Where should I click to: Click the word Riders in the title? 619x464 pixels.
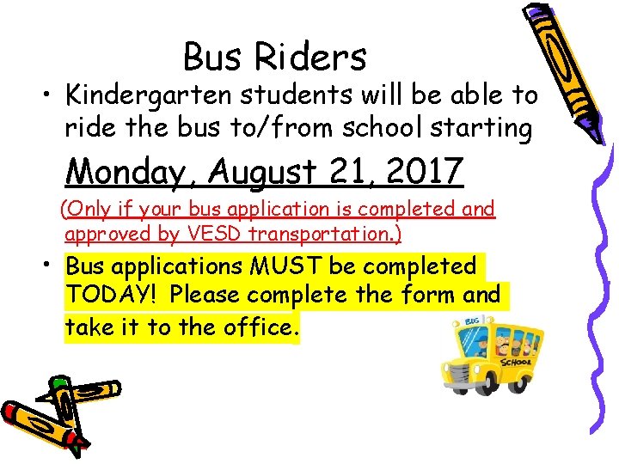point(310,58)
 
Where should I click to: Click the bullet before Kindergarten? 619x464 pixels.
point(40,95)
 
